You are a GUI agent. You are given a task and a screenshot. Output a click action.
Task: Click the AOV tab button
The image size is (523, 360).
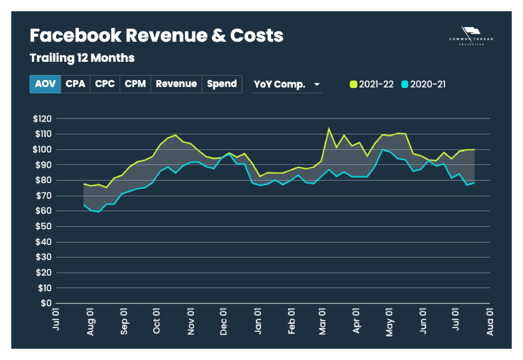click(x=45, y=84)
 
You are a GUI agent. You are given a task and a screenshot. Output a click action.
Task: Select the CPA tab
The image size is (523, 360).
click(x=75, y=84)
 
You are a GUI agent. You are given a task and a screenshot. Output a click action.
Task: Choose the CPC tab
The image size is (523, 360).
click(x=105, y=84)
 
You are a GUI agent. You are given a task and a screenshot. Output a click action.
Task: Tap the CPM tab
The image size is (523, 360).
click(x=136, y=84)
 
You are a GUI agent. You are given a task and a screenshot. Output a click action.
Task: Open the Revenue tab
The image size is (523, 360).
click(x=176, y=84)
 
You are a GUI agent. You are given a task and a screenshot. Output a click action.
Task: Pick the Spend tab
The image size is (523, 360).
click(x=222, y=84)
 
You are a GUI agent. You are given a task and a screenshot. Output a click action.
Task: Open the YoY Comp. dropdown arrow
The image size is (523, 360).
click(x=317, y=85)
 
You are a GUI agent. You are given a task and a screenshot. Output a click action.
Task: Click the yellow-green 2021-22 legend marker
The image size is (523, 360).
click(x=353, y=84)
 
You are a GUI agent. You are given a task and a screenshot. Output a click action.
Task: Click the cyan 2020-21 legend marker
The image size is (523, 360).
click(x=405, y=84)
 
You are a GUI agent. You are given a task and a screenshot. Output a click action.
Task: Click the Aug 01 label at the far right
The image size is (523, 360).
click(x=489, y=321)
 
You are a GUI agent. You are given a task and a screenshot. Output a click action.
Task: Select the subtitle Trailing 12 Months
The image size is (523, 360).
click(x=82, y=58)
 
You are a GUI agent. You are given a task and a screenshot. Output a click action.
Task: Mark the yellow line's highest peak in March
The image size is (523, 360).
click(x=329, y=128)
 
